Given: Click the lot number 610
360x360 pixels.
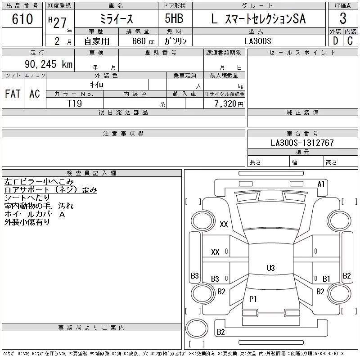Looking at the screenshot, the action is [x=22, y=19].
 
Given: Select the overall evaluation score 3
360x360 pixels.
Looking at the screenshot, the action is [x=343, y=19].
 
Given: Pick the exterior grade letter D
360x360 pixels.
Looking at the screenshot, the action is [x=335, y=40].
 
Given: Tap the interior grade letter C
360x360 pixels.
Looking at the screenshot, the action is [x=350, y=40].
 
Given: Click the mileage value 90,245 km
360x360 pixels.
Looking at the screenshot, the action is [x=46, y=64].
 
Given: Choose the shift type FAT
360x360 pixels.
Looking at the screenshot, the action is [x=13, y=94].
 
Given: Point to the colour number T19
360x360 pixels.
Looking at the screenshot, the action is [x=74, y=103].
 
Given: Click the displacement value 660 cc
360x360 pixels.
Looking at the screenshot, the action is [x=139, y=41].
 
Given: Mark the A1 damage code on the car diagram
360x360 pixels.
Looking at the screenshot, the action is [x=321, y=184].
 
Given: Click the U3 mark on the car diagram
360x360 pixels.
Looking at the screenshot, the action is [x=270, y=268].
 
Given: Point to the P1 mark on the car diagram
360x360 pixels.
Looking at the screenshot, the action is [x=253, y=298].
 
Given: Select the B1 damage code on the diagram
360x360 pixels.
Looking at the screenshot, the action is [x=326, y=279].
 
